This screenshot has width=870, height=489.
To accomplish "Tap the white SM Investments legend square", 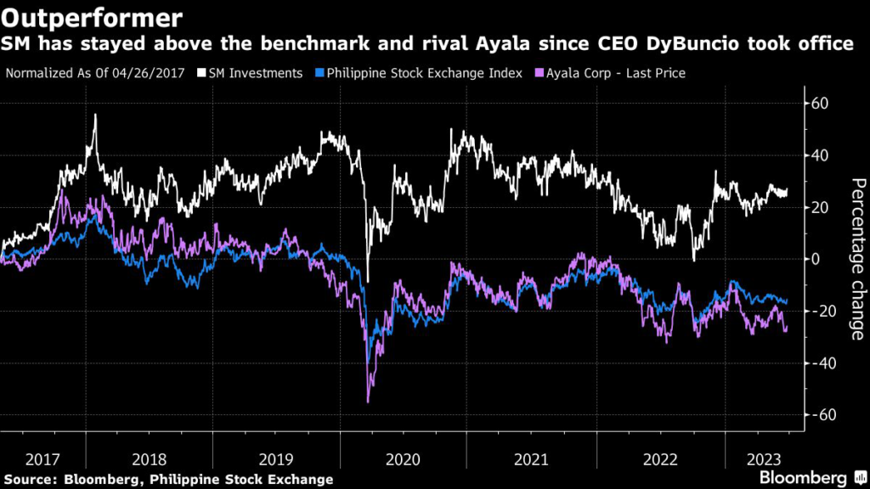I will tap(201, 73).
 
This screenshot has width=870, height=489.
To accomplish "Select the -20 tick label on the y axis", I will tap(822, 311).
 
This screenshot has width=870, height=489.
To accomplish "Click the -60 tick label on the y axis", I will tap(822, 414).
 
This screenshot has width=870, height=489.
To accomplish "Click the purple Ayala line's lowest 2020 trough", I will tap(368, 402).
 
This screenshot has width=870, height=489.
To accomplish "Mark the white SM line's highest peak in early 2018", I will tap(95, 115).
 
